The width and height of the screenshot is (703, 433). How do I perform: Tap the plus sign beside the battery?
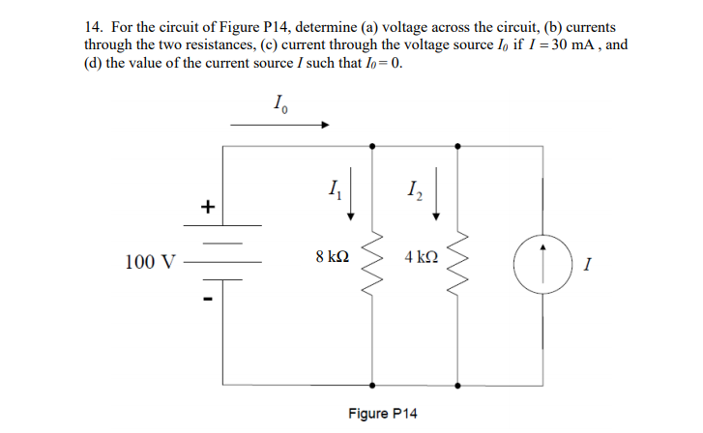pos(204,207)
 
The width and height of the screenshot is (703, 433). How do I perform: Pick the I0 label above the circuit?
pos(279,103)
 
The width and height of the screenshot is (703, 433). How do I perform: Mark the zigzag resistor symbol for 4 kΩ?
pos(458,262)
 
